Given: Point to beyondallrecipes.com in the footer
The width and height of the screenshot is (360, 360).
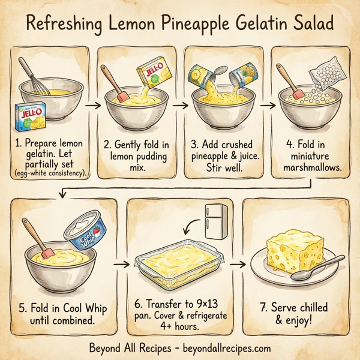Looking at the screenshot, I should (221, 348).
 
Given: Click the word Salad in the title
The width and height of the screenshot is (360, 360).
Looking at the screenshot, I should (312, 27).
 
